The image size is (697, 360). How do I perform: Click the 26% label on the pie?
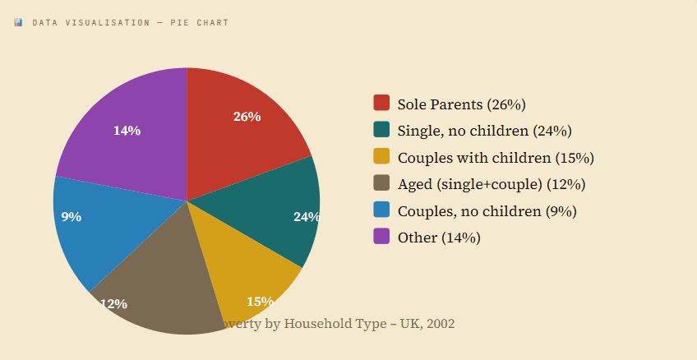[247, 117]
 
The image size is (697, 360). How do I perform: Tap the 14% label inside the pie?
[127, 131]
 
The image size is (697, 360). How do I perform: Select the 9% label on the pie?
[72, 217]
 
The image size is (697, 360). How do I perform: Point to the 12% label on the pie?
[113, 303]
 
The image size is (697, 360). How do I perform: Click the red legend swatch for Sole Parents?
[381, 103]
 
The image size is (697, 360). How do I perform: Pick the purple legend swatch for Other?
[381, 236]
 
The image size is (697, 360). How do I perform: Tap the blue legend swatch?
[381, 210]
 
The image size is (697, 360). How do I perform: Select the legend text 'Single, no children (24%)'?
[484, 131]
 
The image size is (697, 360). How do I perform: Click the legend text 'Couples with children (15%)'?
[495, 158]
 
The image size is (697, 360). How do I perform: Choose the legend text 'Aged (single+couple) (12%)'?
[491, 184]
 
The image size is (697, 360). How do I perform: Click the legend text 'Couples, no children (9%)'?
[487, 211]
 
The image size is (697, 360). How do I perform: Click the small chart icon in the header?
[18, 22]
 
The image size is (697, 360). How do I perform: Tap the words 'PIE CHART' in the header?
[200, 22]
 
